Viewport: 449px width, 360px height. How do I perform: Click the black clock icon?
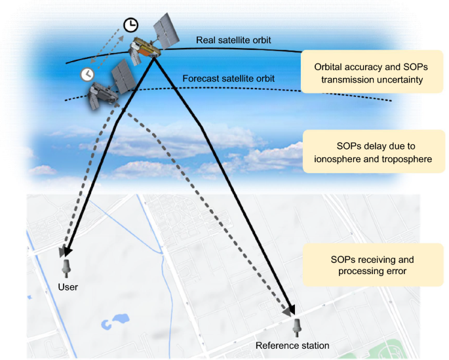click(x=131, y=26)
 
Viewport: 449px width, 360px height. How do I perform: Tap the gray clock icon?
click(x=86, y=74)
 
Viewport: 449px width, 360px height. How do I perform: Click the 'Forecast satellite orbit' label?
click(x=238, y=79)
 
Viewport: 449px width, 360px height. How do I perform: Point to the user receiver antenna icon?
click(x=66, y=268)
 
